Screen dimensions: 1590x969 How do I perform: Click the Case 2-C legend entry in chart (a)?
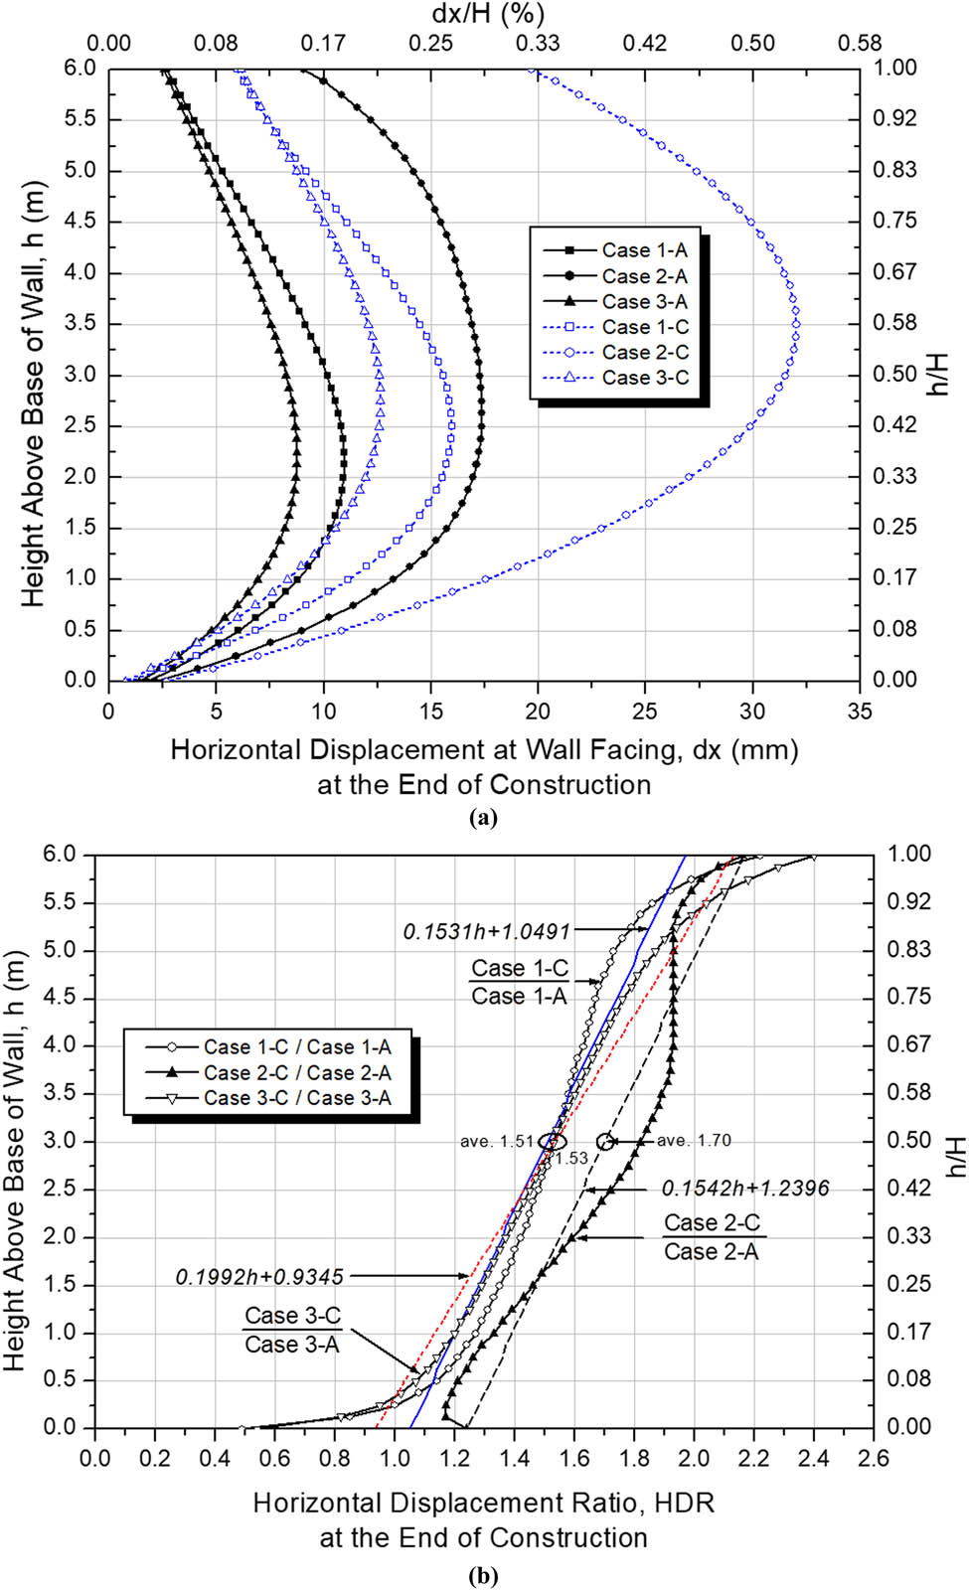point(644,353)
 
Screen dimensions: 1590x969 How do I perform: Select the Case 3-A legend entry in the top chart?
point(644,302)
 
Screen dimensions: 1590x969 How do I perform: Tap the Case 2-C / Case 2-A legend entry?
point(296,1073)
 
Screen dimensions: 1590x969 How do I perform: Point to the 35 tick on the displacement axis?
point(860,712)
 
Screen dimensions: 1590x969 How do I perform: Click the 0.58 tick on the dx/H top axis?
point(860,44)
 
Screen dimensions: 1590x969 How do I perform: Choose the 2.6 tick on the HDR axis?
point(874,1459)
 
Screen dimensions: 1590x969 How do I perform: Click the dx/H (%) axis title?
point(488,14)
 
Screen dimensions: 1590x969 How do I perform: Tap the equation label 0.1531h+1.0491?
point(487,932)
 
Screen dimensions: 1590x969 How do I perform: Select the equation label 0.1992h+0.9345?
point(259,1277)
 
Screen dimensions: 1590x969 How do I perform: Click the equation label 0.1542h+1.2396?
point(745,1189)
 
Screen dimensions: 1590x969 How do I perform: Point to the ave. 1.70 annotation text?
point(694,1141)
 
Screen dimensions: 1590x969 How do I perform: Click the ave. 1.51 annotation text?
point(497,1142)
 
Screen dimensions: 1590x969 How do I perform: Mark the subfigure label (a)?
point(483,818)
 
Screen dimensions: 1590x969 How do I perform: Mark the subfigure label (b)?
point(483,1576)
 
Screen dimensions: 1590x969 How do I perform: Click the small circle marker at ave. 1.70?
point(605,1142)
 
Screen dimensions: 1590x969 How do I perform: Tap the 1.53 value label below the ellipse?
point(571,1159)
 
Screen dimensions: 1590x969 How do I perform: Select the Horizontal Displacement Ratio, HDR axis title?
point(483,1503)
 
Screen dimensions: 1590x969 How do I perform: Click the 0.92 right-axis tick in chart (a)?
point(894,119)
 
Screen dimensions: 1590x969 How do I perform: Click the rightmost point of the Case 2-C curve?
point(797,324)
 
